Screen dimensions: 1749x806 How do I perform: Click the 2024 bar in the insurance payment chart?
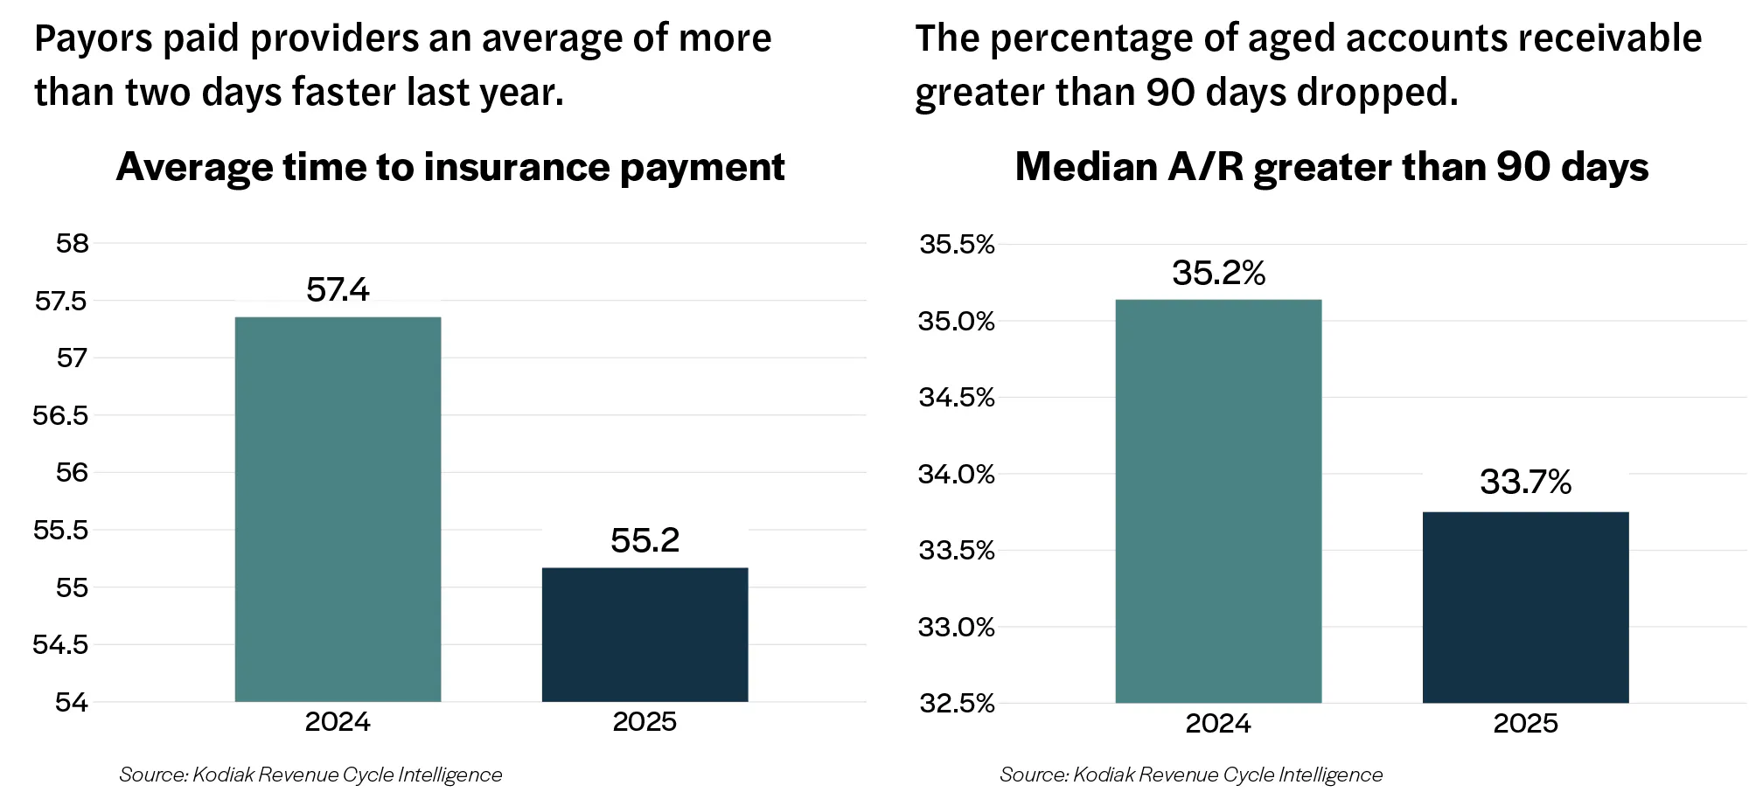(x=338, y=509)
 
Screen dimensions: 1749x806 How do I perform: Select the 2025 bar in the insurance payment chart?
(x=645, y=635)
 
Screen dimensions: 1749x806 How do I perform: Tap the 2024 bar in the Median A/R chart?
(x=1218, y=501)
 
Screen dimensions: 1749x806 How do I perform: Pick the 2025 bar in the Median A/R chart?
(x=1526, y=608)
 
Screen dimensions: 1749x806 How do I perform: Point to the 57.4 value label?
(x=338, y=289)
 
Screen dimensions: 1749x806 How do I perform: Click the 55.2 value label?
(x=645, y=540)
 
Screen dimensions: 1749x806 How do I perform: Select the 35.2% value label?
(x=1218, y=273)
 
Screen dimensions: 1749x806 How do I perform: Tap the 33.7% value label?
(x=1526, y=482)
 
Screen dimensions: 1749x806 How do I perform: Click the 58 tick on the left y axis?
(x=73, y=243)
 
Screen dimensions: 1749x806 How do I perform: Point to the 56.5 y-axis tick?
(x=61, y=415)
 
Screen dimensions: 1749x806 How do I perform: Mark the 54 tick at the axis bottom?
(x=73, y=702)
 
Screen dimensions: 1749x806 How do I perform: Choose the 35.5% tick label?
(x=957, y=245)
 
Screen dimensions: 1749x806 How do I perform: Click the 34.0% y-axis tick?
(x=957, y=475)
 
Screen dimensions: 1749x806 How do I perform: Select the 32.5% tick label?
(x=957, y=704)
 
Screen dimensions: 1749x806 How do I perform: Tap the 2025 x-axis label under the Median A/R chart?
(x=1526, y=723)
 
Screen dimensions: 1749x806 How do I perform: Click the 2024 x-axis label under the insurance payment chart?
(x=338, y=722)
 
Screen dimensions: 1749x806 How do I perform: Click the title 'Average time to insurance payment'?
(x=450, y=167)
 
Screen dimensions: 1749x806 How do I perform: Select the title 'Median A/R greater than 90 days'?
(x=1332, y=167)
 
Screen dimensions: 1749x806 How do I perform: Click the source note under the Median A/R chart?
(x=1191, y=775)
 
